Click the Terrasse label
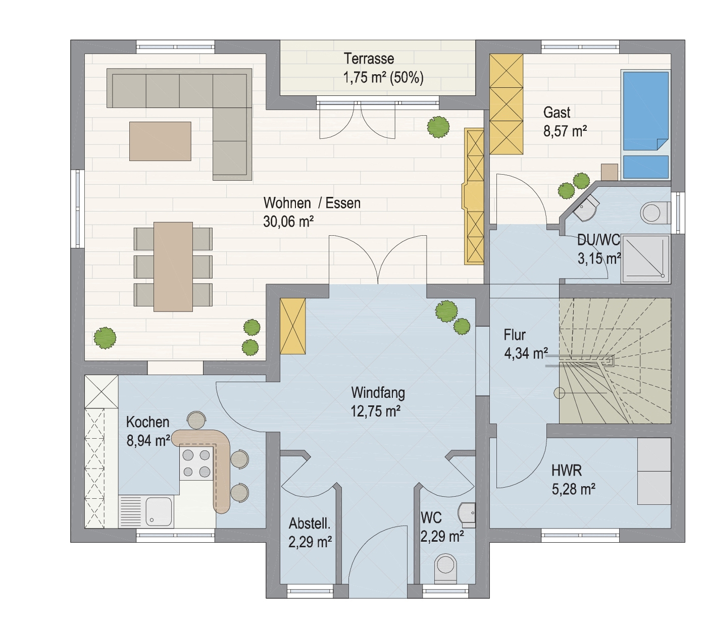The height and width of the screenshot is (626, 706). (369, 59)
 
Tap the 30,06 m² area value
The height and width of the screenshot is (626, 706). (288, 221)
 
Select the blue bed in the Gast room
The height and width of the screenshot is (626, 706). (646, 125)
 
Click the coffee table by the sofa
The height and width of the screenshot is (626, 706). (160, 141)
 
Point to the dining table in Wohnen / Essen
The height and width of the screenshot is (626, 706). (173, 267)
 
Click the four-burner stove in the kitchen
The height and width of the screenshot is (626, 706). (196, 463)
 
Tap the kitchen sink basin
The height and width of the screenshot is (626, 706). (159, 511)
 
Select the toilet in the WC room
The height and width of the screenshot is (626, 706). (446, 569)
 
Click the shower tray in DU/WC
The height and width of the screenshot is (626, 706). (645, 258)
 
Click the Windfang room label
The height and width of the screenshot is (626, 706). (378, 393)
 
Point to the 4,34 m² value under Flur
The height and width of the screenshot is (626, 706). (526, 353)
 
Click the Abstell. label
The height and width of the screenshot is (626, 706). (310, 524)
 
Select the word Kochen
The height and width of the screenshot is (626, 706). (147, 422)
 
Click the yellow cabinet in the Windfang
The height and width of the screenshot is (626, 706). (293, 326)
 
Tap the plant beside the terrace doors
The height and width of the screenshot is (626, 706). (438, 127)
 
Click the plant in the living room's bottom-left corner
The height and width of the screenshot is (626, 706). (105, 338)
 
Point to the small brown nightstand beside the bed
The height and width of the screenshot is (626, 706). (610, 172)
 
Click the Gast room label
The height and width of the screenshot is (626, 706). (557, 113)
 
